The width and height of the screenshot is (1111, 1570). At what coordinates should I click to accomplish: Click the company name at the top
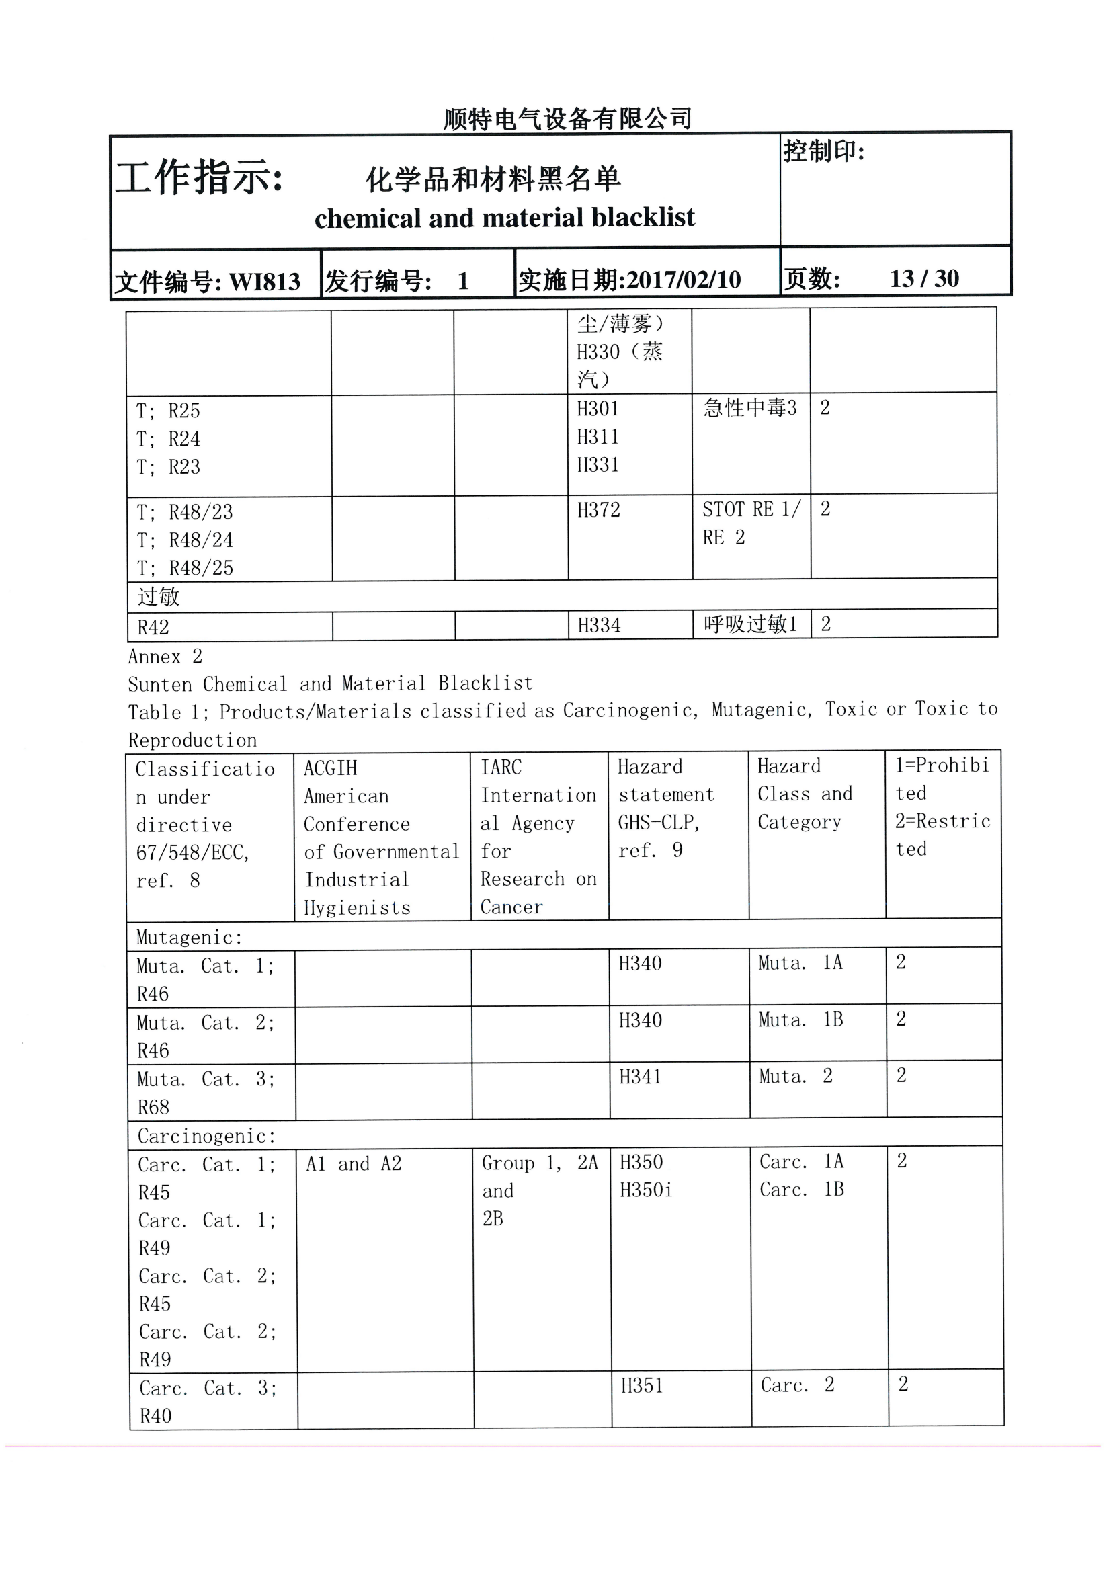click(x=567, y=119)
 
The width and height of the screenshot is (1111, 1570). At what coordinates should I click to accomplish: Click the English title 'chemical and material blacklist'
click(x=504, y=218)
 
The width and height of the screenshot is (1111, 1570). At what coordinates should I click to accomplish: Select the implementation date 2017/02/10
click(x=683, y=280)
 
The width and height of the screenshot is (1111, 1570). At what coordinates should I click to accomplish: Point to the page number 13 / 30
click(x=923, y=278)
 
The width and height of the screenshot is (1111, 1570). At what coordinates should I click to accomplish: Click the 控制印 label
click(x=824, y=151)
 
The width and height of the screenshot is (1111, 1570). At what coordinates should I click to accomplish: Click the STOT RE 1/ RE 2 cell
click(x=751, y=524)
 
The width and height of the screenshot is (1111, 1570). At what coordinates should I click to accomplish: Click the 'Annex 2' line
click(x=165, y=657)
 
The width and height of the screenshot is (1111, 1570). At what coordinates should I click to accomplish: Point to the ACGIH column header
click(x=381, y=837)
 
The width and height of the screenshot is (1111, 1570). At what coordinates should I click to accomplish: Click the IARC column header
click(x=538, y=837)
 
